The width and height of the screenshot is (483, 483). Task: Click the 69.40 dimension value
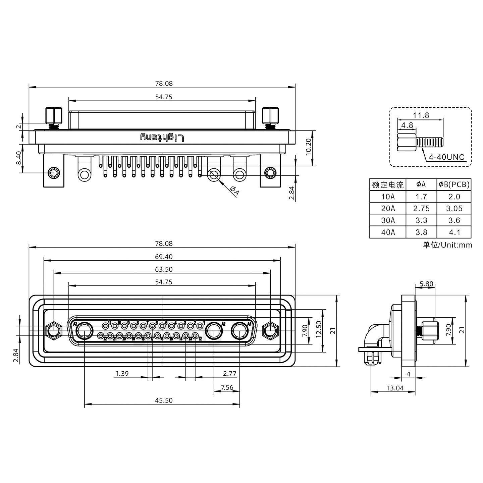164,257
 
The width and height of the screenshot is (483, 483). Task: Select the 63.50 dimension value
164,269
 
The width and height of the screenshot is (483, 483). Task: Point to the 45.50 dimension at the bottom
164,400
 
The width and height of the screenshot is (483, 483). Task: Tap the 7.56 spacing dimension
227,388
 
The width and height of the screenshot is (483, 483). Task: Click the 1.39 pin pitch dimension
122,373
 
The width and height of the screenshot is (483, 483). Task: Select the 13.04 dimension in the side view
395,388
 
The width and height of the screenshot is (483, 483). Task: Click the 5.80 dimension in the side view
426,284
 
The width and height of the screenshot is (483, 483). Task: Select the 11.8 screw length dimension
421,115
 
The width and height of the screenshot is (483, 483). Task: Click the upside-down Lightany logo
162,137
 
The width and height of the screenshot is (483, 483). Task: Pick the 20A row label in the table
388,208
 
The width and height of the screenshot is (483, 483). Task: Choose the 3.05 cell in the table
454,208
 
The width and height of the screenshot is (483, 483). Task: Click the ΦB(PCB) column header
454,184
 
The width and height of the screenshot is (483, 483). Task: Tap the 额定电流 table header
388,185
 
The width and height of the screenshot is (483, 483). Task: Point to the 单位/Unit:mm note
447,245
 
